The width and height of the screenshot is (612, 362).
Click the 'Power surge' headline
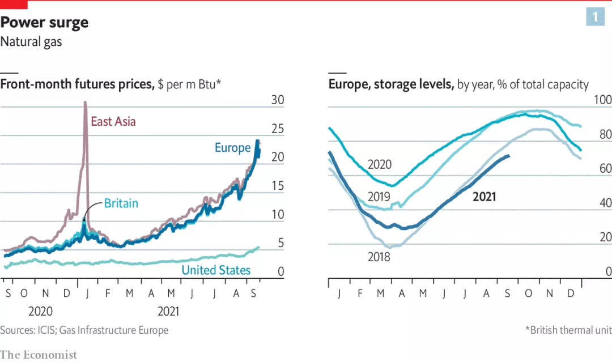click(x=45, y=23)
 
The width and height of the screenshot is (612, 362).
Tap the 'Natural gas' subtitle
click(x=31, y=41)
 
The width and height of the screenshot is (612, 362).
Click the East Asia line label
click(x=113, y=121)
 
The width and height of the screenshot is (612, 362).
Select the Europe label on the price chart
click(x=232, y=148)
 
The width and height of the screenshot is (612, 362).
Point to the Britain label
click(x=121, y=203)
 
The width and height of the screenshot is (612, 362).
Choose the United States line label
click(x=216, y=270)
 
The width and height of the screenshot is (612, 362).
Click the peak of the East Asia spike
click(x=85, y=103)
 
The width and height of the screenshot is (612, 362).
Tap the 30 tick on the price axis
click(x=277, y=100)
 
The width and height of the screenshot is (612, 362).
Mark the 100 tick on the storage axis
click(x=602, y=100)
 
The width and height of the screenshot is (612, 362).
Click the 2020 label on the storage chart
click(x=380, y=164)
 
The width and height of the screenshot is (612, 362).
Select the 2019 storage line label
click(x=379, y=197)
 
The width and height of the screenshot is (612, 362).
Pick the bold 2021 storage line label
click(x=484, y=197)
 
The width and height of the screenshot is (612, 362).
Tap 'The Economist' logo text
click(x=39, y=355)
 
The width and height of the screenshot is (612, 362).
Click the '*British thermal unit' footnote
click(x=568, y=330)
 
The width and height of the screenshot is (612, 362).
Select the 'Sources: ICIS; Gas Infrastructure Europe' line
click(x=84, y=330)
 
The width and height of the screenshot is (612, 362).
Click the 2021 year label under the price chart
click(x=168, y=311)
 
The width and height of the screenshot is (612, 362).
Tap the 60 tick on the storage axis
click(x=605, y=168)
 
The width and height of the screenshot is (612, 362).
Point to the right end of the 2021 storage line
click(x=509, y=156)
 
